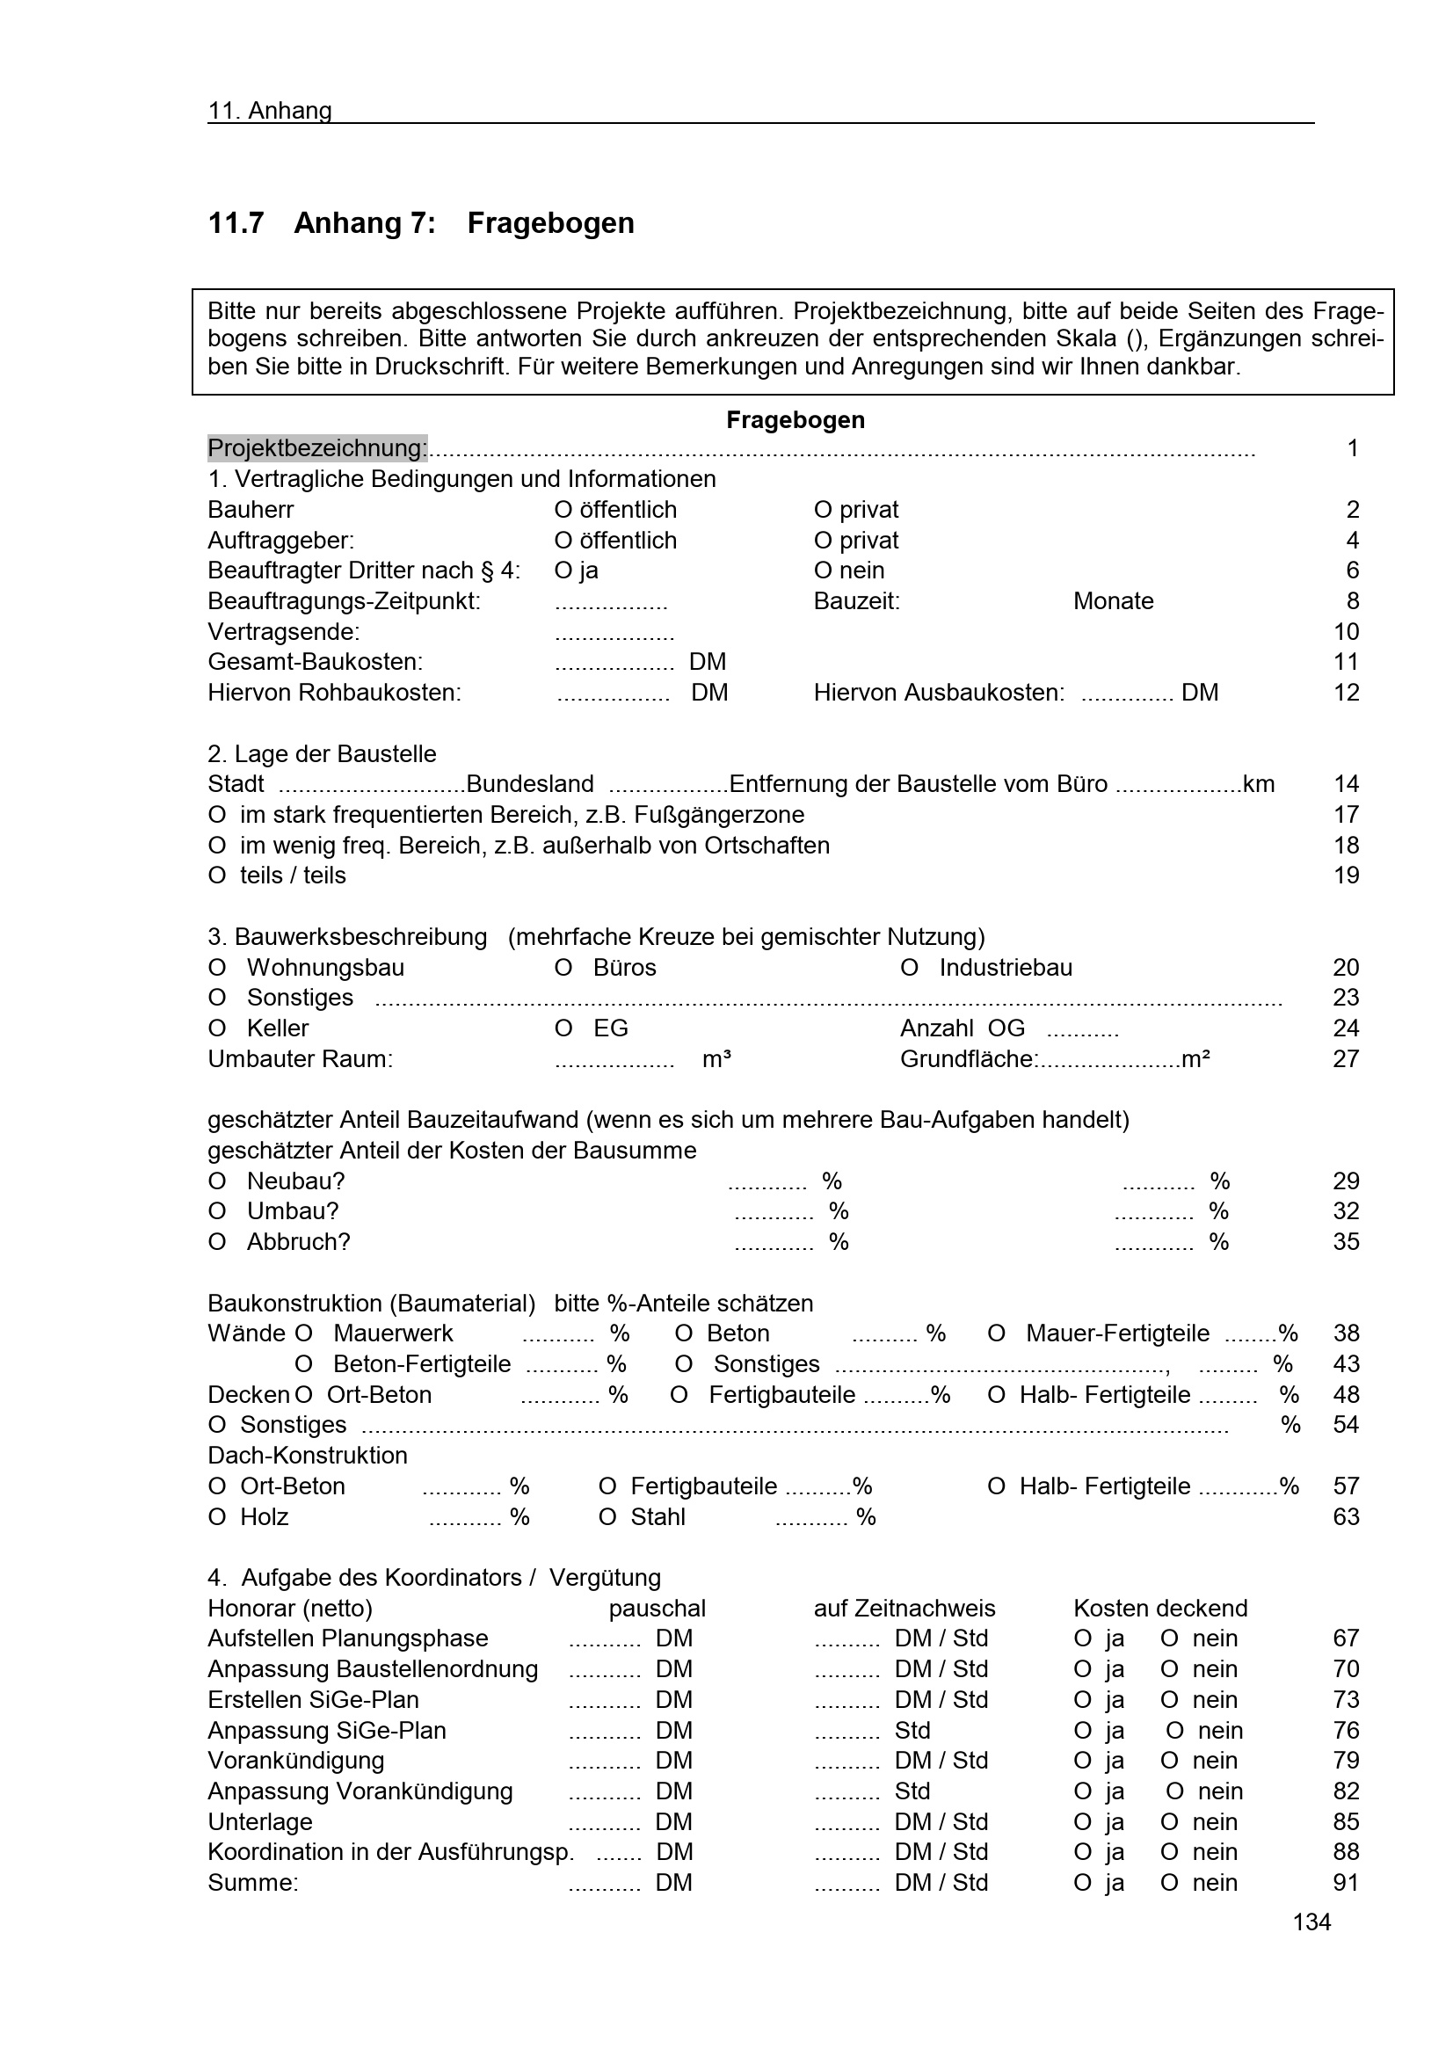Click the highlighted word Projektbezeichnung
317,447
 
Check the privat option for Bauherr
823,510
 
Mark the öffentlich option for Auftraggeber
563,541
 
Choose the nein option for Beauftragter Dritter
823,570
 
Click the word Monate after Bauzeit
1113,601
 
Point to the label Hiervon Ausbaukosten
938,692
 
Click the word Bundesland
529,784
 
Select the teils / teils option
216,875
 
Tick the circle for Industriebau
909,968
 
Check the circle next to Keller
216,1029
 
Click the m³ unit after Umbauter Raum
716,1059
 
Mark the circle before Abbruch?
216,1242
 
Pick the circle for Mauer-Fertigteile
996,1334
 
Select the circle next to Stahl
607,1517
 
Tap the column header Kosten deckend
1159,1609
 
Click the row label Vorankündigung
295,1761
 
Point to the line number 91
1346,1882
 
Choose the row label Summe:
252,1882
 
